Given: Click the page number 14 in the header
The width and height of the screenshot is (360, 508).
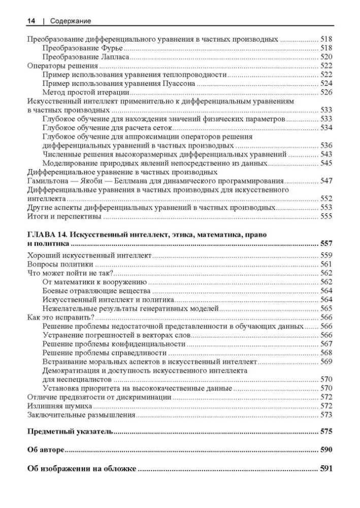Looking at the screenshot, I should pyautogui.click(x=30, y=21).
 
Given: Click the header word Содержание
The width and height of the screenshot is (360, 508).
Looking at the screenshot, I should pyautogui.click(x=71, y=21).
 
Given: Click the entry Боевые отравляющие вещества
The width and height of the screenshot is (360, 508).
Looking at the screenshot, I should pyautogui.click(x=96, y=291).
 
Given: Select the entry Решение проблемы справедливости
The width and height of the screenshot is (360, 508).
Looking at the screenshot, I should pyautogui.click(x=105, y=353).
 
